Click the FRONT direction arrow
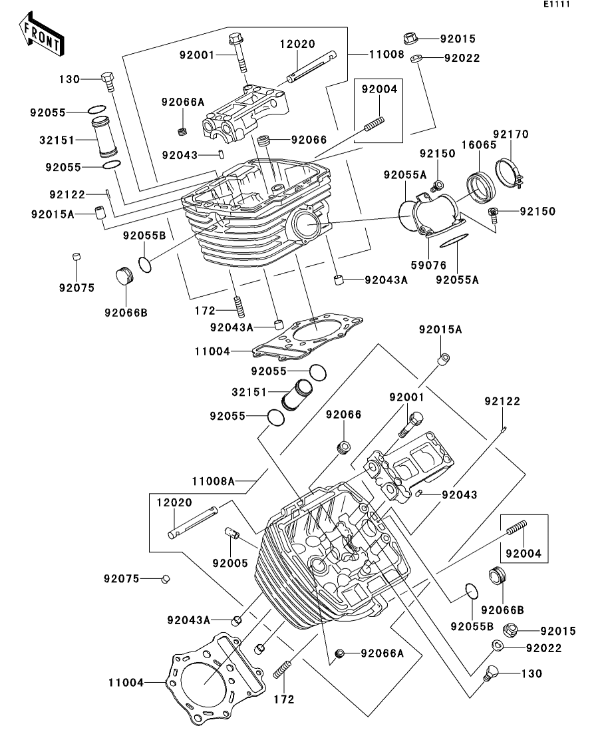click(42, 35)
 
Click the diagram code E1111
click(557, 4)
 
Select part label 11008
click(386, 55)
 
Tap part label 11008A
click(214, 481)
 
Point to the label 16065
click(479, 145)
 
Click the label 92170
click(511, 134)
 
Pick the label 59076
click(429, 266)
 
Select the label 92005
click(230, 563)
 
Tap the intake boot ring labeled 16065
click(482, 188)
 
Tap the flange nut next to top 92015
click(410, 38)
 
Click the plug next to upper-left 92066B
click(126, 275)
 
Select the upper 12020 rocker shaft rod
click(312, 67)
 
